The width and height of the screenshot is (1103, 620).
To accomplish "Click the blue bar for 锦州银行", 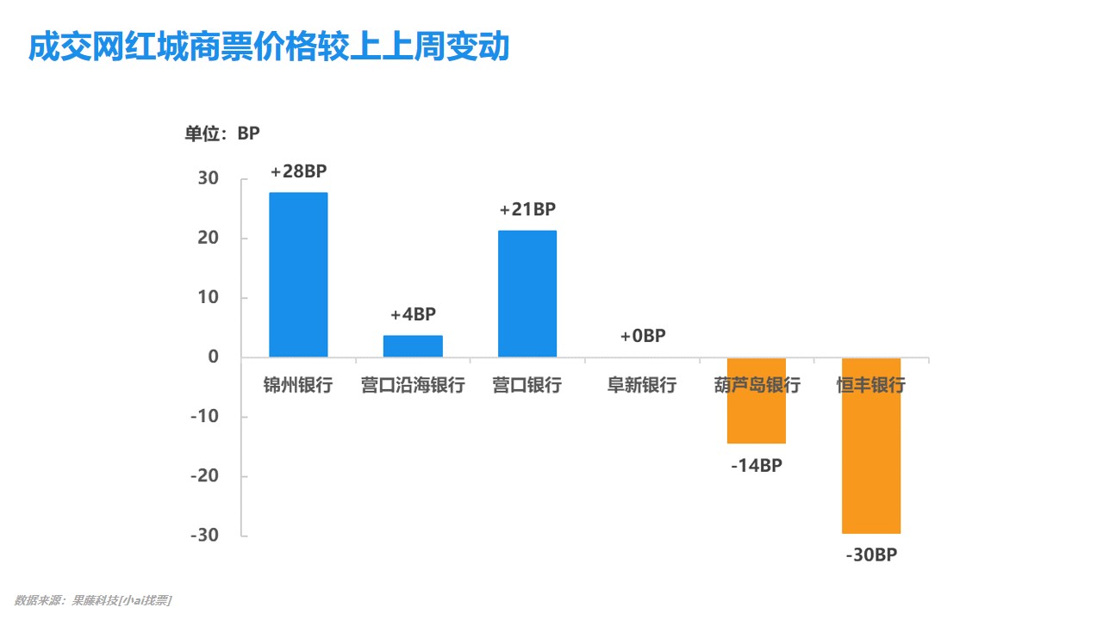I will click(x=298, y=274).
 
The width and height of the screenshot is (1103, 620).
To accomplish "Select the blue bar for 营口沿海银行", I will click(x=413, y=346).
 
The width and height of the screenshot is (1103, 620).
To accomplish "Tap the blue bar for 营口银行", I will click(x=527, y=294).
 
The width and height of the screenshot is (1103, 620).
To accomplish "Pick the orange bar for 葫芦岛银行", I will click(x=757, y=400).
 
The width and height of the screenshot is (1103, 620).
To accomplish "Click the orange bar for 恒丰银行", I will click(x=871, y=445).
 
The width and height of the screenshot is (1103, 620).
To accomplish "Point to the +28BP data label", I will click(x=299, y=171).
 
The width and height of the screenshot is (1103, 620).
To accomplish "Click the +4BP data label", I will click(x=413, y=314).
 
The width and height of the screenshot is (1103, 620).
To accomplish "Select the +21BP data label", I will click(x=527, y=209).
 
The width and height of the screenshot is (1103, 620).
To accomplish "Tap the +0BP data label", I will click(x=643, y=336).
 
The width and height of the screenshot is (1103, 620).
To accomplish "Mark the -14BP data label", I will click(x=757, y=466).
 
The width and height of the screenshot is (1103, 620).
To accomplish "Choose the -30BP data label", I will click(x=871, y=555).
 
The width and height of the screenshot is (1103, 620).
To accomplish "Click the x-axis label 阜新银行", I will click(x=642, y=385).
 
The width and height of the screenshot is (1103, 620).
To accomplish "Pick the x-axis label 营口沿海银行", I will click(x=413, y=385).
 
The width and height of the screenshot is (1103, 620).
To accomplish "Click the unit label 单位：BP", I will click(x=221, y=133).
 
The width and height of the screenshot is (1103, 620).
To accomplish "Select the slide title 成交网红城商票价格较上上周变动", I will click(x=269, y=47).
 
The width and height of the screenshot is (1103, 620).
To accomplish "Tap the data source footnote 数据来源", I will click(x=93, y=600).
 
